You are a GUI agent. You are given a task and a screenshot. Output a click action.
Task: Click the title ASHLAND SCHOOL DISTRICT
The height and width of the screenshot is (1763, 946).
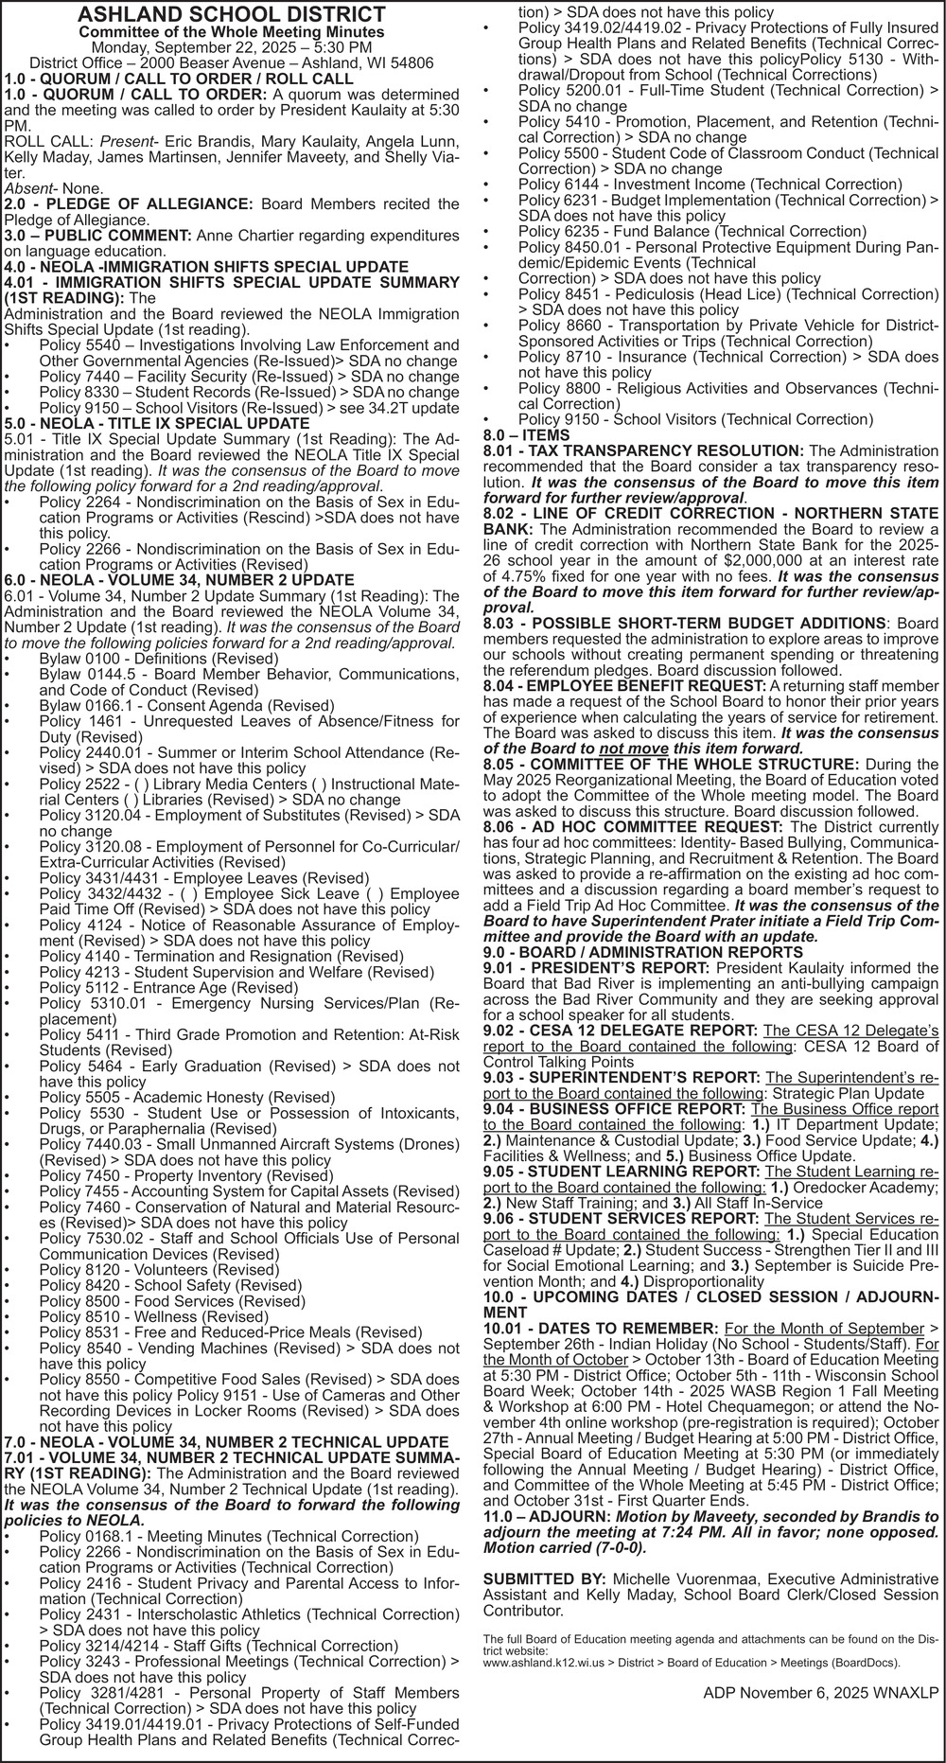(x=232, y=14)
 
